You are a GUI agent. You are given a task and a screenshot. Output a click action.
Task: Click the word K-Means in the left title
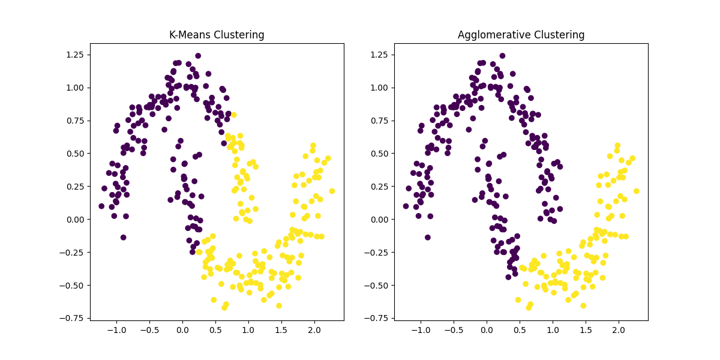coord(188,35)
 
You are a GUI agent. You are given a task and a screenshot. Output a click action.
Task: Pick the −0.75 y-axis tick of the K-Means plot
coord(74,318)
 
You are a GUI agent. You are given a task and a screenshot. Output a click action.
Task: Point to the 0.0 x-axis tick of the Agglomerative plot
coord(487,331)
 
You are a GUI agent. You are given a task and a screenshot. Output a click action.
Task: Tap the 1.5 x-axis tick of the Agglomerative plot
coord(585,331)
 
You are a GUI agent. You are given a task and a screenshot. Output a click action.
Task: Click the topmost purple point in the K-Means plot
coord(198,56)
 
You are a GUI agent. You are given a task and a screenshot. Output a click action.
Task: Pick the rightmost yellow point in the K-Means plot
coord(332,191)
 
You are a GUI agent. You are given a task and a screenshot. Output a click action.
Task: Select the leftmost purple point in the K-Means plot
coord(101,206)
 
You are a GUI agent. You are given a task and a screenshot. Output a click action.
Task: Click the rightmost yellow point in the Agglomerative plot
coord(636,191)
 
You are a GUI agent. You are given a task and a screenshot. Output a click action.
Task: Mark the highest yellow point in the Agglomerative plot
coord(617,145)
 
